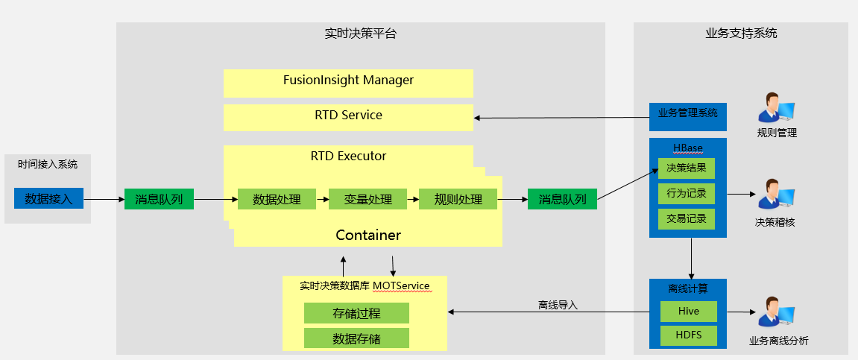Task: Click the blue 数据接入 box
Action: (x=48, y=198)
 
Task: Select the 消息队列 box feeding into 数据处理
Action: (x=159, y=199)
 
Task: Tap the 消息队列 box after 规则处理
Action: (x=562, y=199)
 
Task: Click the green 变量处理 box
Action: (x=368, y=199)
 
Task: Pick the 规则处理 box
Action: (x=458, y=199)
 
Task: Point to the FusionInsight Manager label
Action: (x=348, y=80)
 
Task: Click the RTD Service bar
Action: (x=348, y=116)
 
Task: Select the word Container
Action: (x=368, y=236)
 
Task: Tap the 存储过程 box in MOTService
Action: (x=356, y=314)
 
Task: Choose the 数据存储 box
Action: (x=356, y=338)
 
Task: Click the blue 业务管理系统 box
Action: (x=687, y=114)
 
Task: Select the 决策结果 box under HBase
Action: (x=687, y=168)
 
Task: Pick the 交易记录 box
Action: (x=687, y=219)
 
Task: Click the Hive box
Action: (x=689, y=312)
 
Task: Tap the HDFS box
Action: (x=689, y=335)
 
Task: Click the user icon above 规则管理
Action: (x=776, y=109)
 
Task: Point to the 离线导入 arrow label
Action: (x=558, y=305)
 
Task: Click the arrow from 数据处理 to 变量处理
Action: (x=317, y=199)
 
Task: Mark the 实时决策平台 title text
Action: (x=361, y=34)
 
